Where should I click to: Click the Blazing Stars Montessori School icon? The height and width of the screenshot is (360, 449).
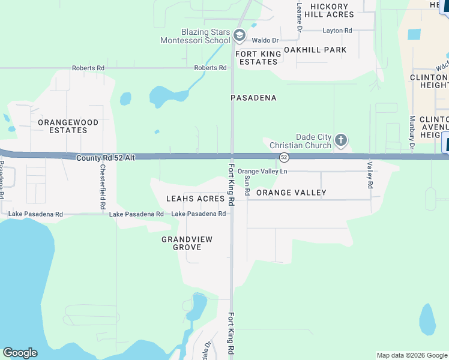tap(239, 36)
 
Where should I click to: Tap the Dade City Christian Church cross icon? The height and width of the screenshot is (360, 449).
tap(340, 141)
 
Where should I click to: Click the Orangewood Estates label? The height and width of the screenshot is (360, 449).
tap(67, 126)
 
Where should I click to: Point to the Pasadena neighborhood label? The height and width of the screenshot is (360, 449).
tap(254, 97)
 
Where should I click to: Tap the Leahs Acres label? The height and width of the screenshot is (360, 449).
tap(195, 199)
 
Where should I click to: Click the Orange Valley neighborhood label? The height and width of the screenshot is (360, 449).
tap(291, 193)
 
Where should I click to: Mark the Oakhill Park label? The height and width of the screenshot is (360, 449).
tap(315, 50)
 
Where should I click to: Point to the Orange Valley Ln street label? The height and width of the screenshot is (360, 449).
tap(262, 172)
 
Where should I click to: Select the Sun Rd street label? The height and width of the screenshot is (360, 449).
tap(247, 184)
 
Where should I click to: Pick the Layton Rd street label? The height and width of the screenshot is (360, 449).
tap(337, 31)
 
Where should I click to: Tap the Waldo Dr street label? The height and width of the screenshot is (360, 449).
tap(265, 40)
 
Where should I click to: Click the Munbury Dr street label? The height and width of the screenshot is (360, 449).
tap(412, 132)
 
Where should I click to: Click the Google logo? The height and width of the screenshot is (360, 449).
tap(20, 353)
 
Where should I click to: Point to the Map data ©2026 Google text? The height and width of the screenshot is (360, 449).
tap(411, 355)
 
